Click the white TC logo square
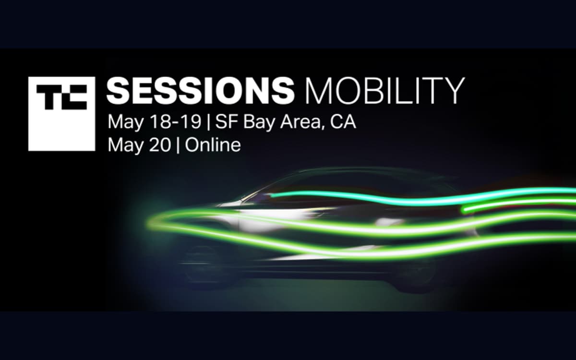[x=61, y=114]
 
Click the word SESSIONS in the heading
[x=200, y=91]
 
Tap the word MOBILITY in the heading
[x=384, y=91]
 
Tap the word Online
[x=213, y=145]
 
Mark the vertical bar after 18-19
[x=208, y=122]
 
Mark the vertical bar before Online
[x=178, y=145]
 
